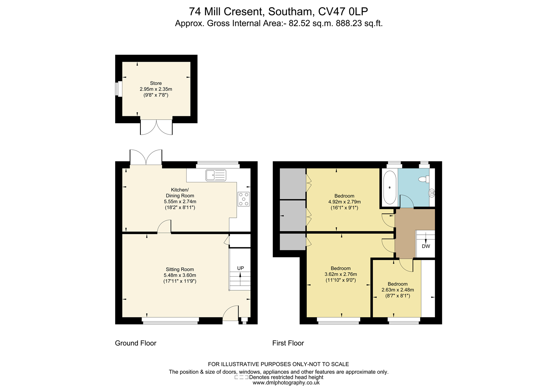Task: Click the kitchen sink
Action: click(216, 175)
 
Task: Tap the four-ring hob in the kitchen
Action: click(244, 199)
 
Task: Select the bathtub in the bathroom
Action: click(390, 187)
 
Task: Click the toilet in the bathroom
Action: click(424, 179)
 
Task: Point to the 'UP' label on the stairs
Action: click(240, 268)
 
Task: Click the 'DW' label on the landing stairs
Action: click(426, 247)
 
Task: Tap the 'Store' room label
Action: click(156, 83)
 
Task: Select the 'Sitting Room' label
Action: click(180, 269)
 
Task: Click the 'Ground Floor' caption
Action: click(135, 343)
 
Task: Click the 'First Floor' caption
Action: click(288, 343)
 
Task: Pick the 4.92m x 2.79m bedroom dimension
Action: click(344, 202)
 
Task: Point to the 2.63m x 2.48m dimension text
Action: click(397, 290)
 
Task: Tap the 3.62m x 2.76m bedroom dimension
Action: click(340, 274)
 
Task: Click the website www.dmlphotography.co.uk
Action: click(286, 383)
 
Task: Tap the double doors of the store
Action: click(156, 127)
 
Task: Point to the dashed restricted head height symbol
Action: click(241, 377)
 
